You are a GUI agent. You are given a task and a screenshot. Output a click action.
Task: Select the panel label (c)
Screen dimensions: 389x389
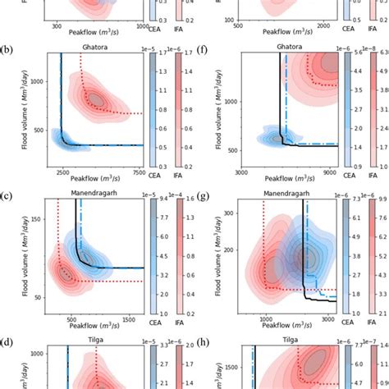pos(7,196)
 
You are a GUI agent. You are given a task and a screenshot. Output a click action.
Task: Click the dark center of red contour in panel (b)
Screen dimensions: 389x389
pos(97,99)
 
